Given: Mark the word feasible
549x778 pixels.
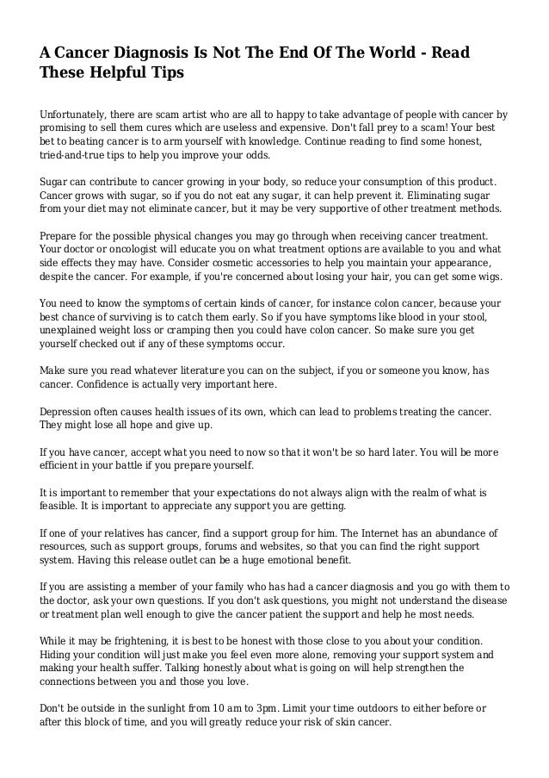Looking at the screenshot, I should coord(61,507).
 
